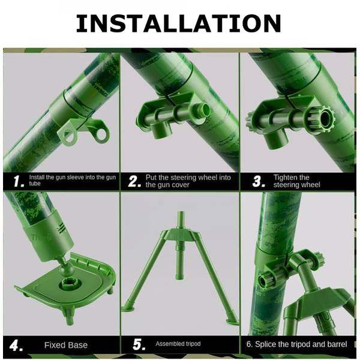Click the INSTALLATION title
[x=178, y=23]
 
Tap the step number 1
[x=19, y=181]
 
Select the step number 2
[x=134, y=181]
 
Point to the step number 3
[x=259, y=181]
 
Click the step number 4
[x=16, y=346]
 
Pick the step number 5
[x=139, y=344]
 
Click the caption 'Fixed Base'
[x=66, y=345]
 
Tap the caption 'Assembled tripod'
[x=178, y=344]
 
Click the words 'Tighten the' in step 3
[x=292, y=178]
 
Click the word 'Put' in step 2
[x=151, y=178]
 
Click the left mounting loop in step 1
[x=67, y=136]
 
